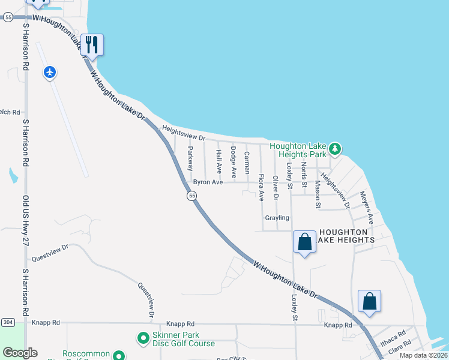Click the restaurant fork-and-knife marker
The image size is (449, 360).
[x=92, y=44]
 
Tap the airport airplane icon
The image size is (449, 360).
[x=50, y=73]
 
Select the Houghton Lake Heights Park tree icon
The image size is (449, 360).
[x=335, y=148]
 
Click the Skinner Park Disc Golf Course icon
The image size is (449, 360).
[x=143, y=340]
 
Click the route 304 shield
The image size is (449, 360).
[x=7, y=322]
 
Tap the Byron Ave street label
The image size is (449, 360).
[x=208, y=182]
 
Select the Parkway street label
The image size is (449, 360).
[x=190, y=158]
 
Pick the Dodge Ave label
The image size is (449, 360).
[x=233, y=161]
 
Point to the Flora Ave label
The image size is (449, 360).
[x=261, y=187]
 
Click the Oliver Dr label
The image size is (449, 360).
[x=276, y=187]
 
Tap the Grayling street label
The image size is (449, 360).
[x=277, y=218]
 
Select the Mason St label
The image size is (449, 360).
[x=318, y=194]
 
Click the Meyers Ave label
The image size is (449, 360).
[x=367, y=207]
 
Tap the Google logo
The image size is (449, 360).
[x=20, y=353]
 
